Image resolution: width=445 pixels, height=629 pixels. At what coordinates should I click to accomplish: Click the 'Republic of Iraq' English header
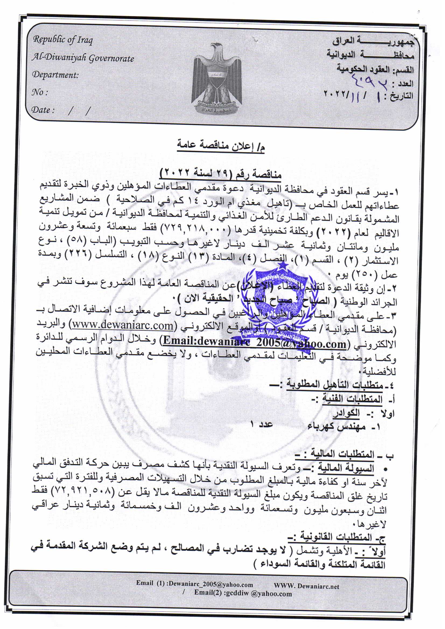pyautogui.click(x=63, y=40)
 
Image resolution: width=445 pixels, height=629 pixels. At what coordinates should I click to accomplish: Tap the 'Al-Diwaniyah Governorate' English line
pyautogui.click(x=83, y=58)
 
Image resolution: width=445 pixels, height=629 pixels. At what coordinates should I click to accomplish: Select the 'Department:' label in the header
pyautogui.click(x=55, y=75)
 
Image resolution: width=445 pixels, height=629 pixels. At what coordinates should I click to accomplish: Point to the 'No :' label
pyautogui.click(x=40, y=92)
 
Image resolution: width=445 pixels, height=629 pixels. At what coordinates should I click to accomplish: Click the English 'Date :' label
pyautogui.click(x=43, y=110)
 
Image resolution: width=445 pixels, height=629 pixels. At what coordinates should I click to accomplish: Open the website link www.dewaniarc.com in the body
pyautogui.click(x=123, y=326)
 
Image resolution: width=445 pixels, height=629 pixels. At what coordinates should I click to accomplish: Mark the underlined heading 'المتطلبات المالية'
pyautogui.click(x=343, y=454)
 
